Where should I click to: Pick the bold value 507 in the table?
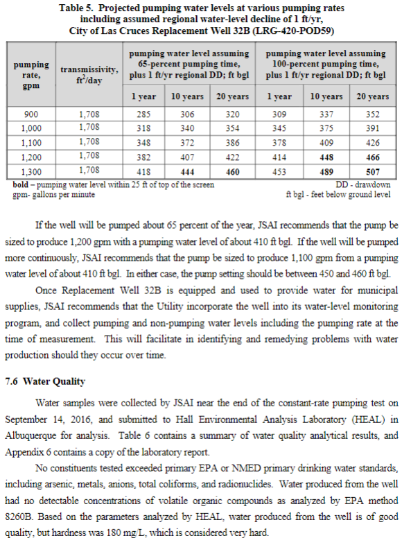tap(374, 171)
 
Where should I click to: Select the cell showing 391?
tap(374, 128)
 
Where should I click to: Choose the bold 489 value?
tap(326, 171)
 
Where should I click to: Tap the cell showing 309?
tap(279, 114)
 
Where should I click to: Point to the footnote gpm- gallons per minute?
tap(54, 194)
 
